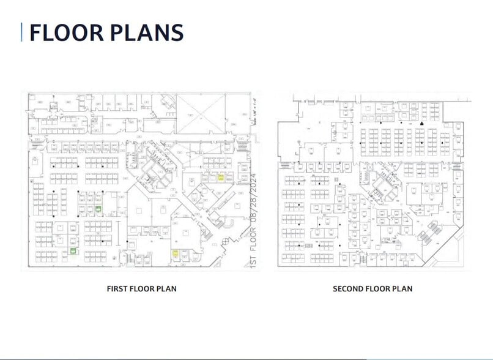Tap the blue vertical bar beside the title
pos(22,32)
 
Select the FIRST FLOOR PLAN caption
pos(141,288)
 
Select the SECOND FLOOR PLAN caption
pos(372,288)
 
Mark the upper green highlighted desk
pos(98,209)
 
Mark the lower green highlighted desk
pos(73,250)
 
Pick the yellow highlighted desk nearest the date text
pos(221,178)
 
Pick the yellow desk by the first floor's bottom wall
pos(175,253)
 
